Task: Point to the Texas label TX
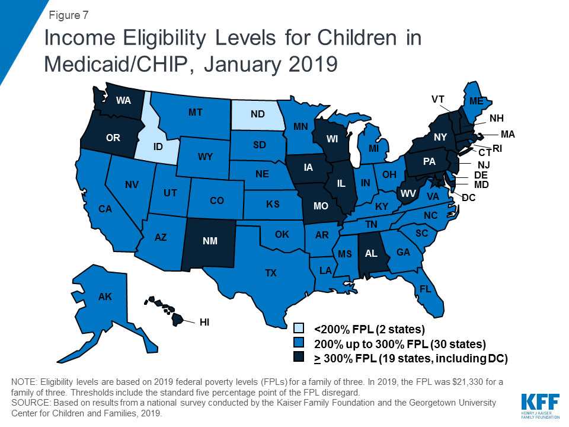[270, 273]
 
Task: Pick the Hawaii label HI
[204, 323]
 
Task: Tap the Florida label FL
[425, 290]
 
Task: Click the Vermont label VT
[438, 99]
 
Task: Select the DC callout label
[469, 197]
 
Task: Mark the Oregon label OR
[113, 138]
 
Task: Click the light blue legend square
[300, 328]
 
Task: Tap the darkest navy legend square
[300, 358]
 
